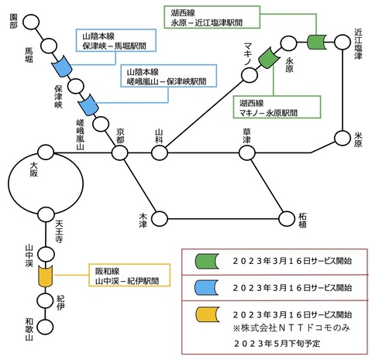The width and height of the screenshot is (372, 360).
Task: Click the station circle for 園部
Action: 31,22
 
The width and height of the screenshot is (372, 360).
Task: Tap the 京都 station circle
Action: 119,153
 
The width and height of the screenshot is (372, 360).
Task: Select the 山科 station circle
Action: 160,153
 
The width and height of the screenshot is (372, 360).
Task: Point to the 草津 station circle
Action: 247,153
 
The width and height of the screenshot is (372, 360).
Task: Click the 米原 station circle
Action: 343,139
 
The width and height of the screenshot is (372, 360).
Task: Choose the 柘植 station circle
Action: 287,219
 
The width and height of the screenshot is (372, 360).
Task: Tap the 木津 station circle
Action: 160,219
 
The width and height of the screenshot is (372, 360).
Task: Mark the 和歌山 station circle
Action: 46,327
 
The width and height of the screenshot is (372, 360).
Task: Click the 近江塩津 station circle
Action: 343,42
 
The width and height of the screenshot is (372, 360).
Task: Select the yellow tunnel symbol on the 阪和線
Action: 46,276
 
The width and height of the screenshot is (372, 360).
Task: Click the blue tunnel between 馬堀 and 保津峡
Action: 62,67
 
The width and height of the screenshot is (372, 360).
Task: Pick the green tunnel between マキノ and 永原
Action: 269,58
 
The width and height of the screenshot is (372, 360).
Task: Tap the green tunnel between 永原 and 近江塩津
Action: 316,42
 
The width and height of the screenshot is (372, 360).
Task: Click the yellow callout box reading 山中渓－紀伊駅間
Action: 129,275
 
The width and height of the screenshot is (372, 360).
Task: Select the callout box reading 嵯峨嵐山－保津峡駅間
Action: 168,76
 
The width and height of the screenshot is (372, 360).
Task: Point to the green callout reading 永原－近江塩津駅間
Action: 212,17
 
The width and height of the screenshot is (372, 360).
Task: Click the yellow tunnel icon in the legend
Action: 208,314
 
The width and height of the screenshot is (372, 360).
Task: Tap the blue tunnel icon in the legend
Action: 207,287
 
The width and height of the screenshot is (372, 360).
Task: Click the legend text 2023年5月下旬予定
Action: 277,344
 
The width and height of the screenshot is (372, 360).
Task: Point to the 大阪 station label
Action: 34,170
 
